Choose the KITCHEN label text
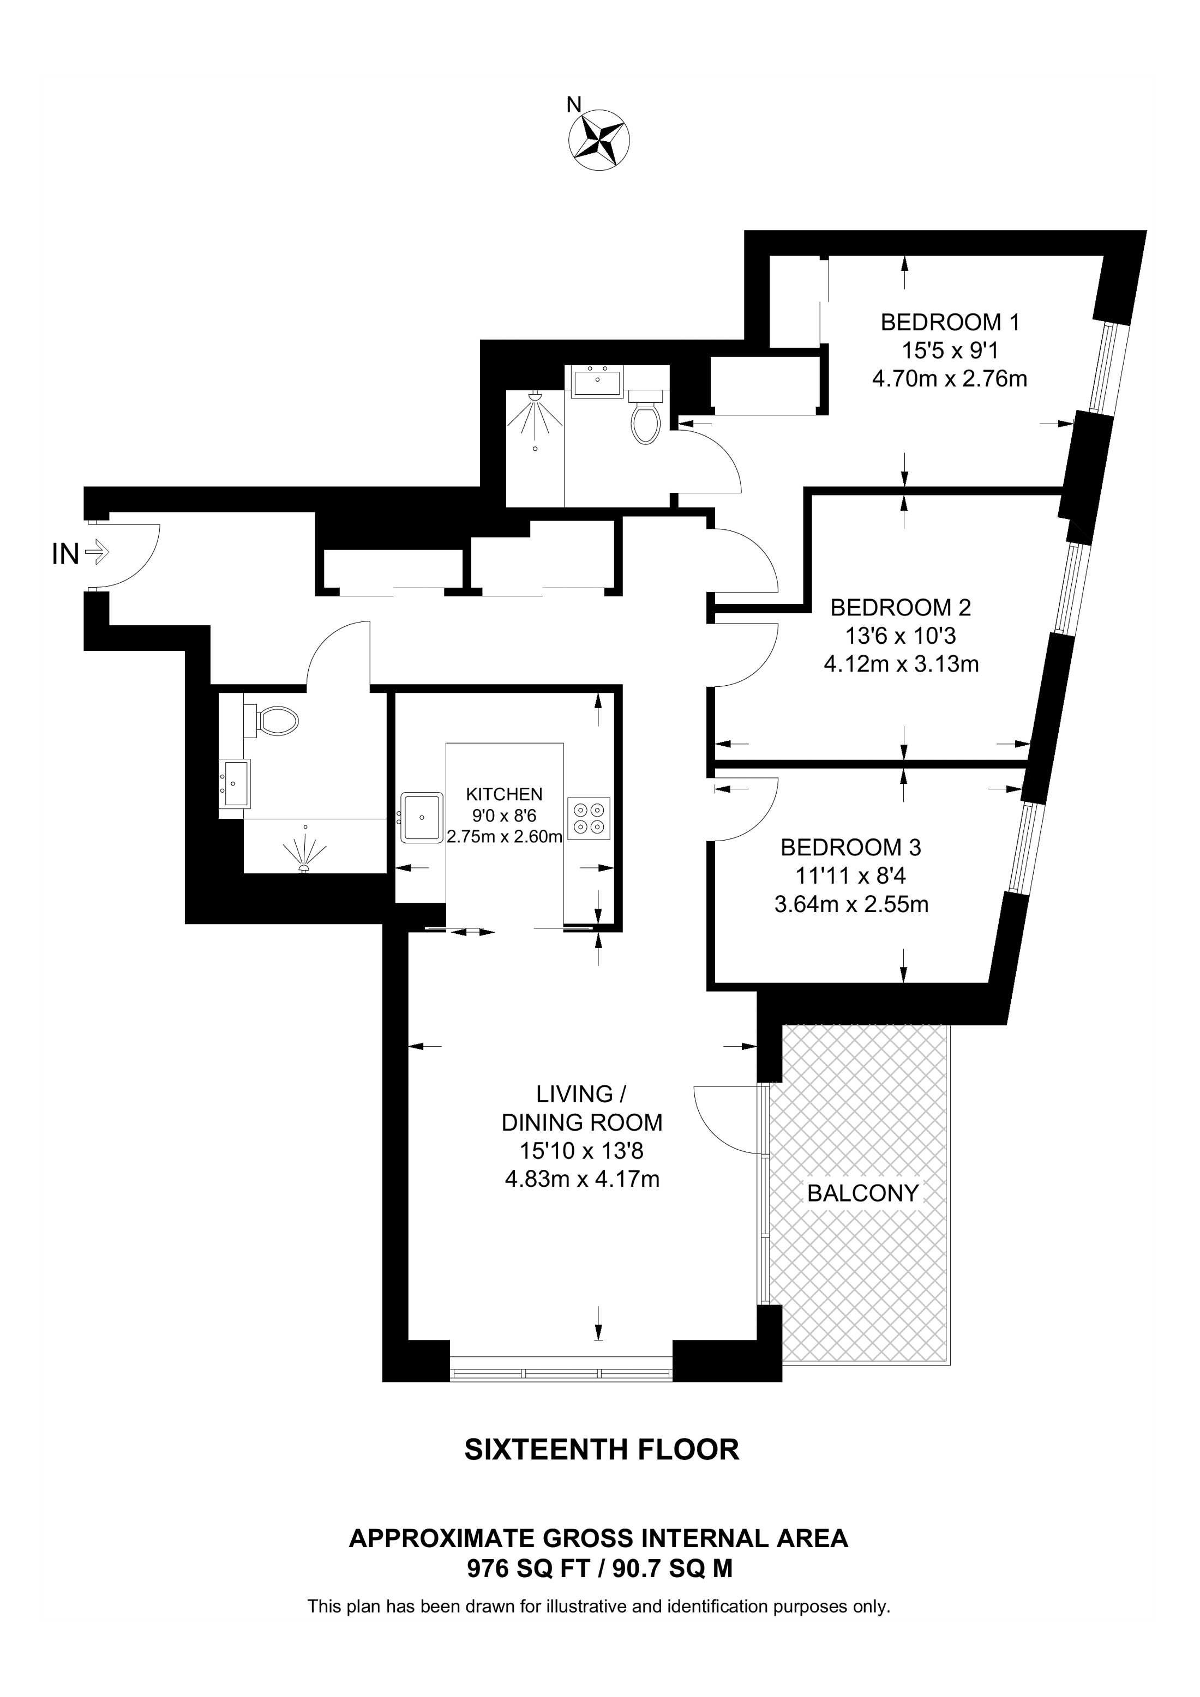click(x=503, y=795)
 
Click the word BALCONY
click(x=862, y=1193)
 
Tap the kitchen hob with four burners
click(x=589, y=819)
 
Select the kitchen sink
click(x=422, y=818)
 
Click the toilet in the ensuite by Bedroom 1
click(x=645, y=421)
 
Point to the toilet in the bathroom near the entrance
click(x=274, y=721)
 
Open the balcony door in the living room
click(x=728, y=1118)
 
